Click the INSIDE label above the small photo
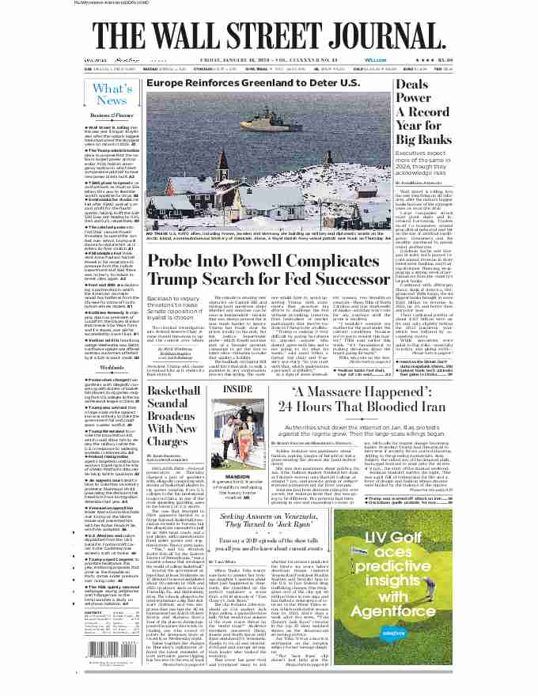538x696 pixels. tap(238, 389)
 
